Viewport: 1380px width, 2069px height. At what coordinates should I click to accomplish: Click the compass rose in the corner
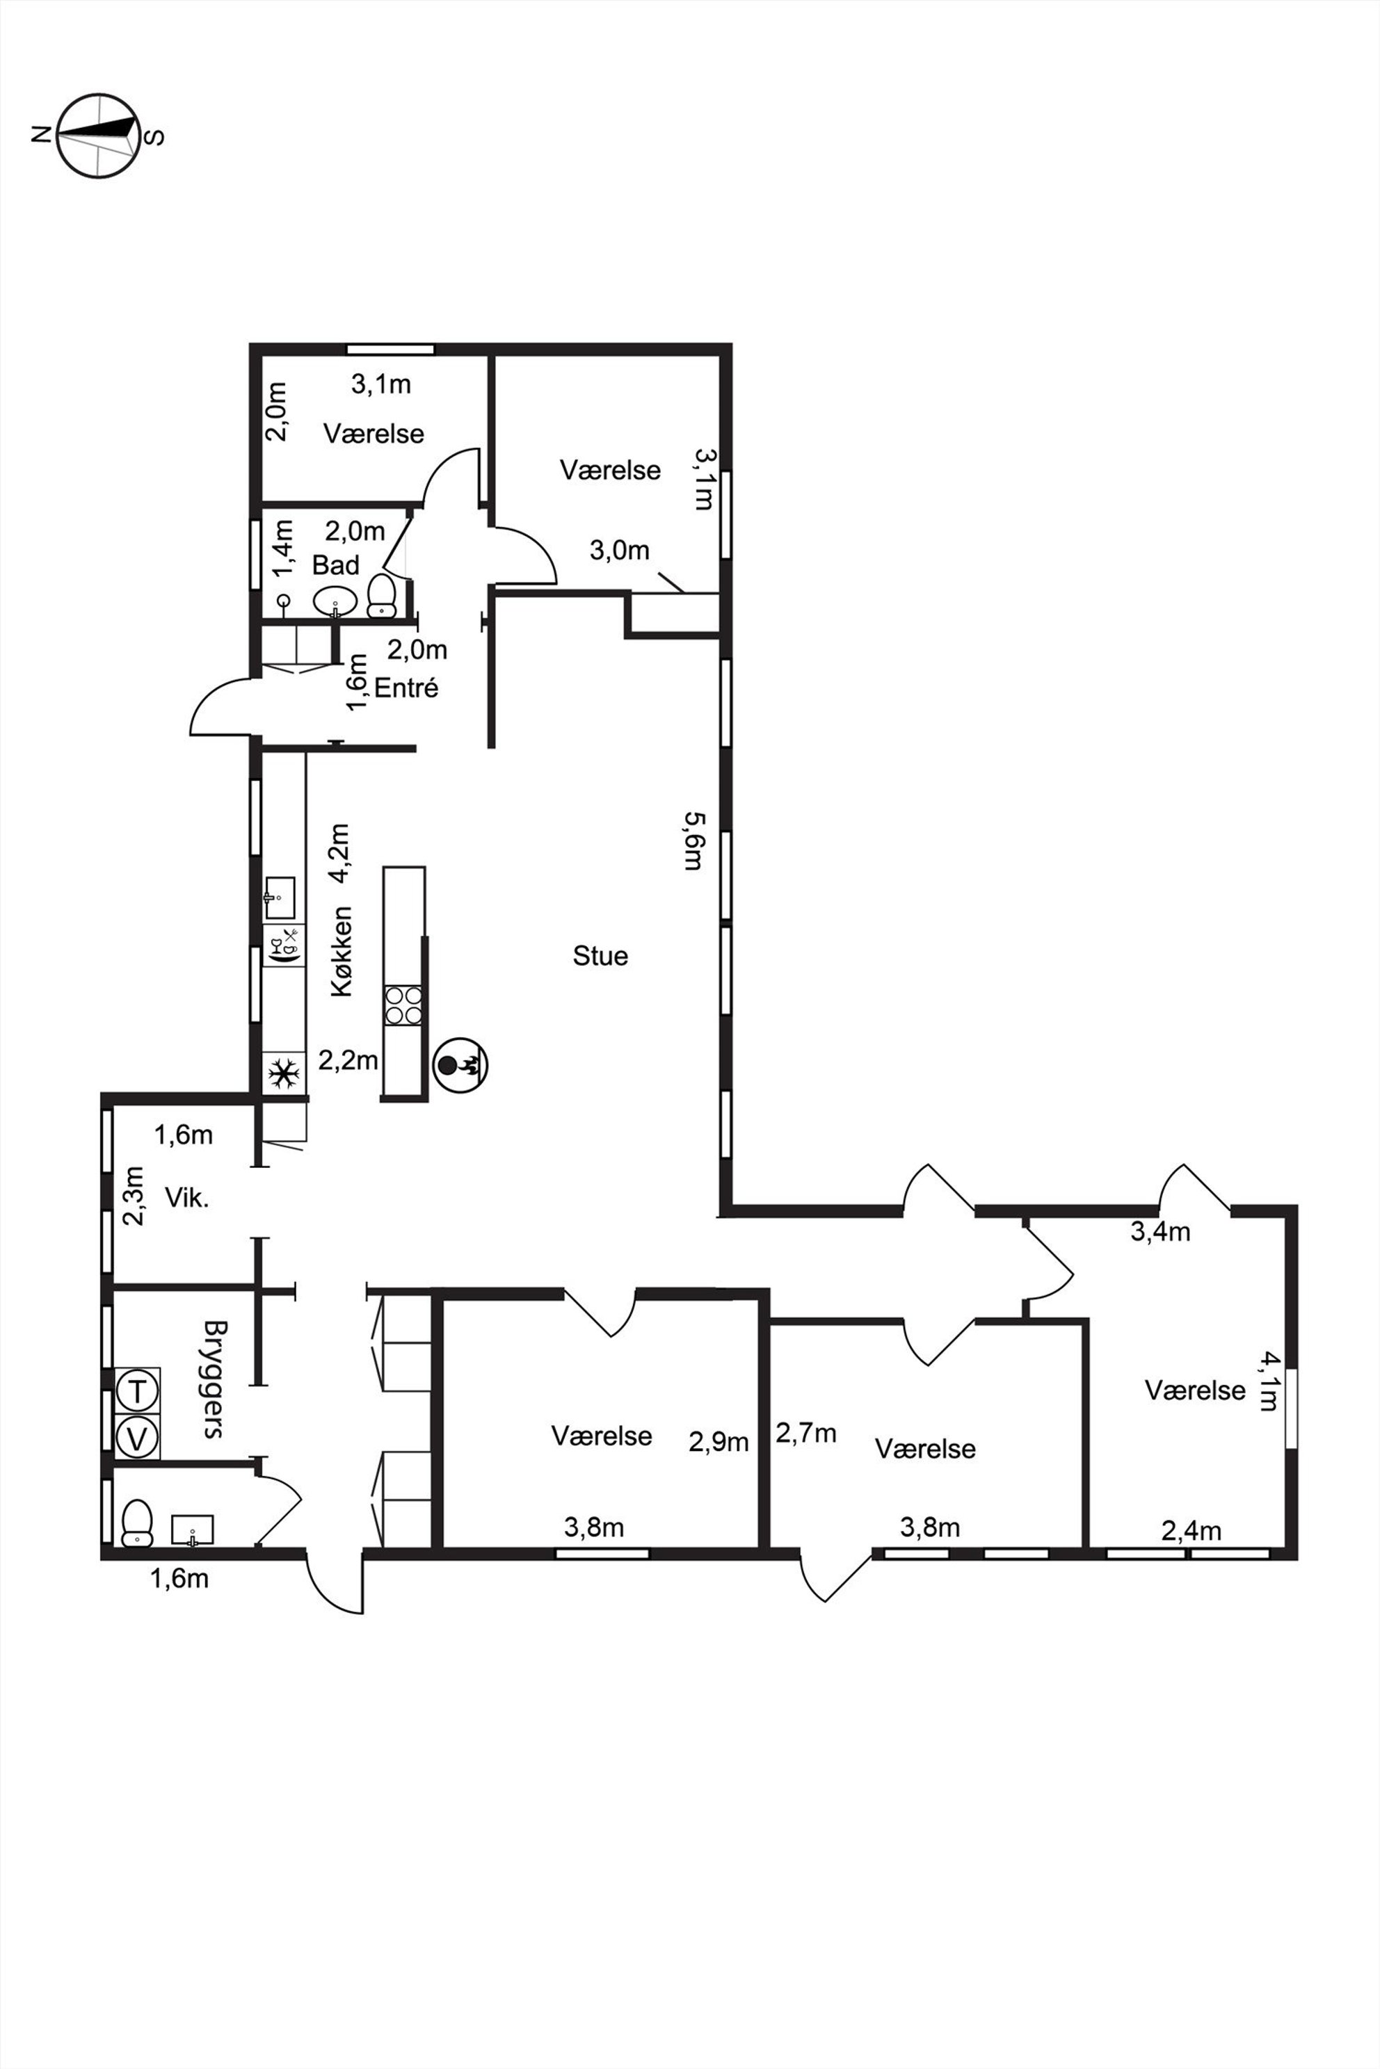click(99, 136)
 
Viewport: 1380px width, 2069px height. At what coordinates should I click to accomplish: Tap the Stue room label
click(600, 955)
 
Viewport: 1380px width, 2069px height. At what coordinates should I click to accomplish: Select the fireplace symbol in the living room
click(460, 1064)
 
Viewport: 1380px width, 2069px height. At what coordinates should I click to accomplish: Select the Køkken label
click(342, 951)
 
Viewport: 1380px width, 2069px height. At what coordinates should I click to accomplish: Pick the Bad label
click(335, 565)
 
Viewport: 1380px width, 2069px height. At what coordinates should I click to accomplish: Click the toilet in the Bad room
click(382, 596)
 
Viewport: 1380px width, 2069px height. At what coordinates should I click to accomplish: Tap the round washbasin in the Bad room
click(335, 601)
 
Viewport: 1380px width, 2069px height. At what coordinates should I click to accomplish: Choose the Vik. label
click(186, 1197)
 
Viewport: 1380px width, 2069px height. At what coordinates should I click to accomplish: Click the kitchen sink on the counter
click(280, 898)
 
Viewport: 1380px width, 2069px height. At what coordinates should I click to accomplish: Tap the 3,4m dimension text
click(1160, 1231)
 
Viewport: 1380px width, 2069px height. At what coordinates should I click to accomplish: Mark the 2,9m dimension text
click(718, 1442)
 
